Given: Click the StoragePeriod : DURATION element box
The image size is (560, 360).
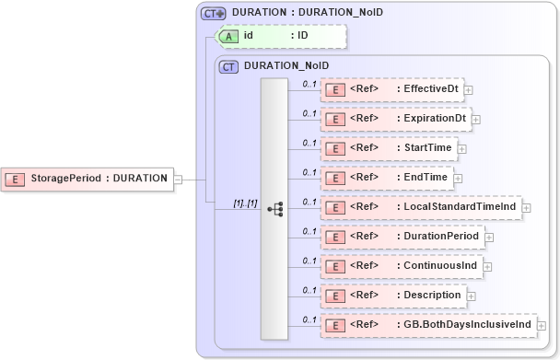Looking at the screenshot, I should [x=88, y=179].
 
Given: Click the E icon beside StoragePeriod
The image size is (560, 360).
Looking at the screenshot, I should [x=16, y=179].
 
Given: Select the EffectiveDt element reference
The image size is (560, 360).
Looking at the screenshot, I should [x=391, y=89].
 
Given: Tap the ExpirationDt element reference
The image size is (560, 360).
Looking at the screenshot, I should [x=395, y=119].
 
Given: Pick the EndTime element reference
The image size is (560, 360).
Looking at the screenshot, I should [x=385, y=177].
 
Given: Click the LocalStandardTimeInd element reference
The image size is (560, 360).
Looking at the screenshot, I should [x=420, y=207].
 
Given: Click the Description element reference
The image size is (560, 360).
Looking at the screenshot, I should [x=391, y=296].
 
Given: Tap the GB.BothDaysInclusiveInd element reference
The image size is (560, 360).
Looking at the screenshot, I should [x=427, y=324].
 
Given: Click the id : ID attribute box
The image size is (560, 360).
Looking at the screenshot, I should [x=280, y=36].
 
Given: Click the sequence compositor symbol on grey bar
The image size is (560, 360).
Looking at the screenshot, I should [x=275, y=209].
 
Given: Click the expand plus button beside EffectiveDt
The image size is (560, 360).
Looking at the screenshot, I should [x=469, y=90].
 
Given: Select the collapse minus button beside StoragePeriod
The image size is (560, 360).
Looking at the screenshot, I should [x=178, y=180].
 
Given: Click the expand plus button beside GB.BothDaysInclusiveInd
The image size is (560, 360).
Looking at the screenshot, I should [x=542, y=325].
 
